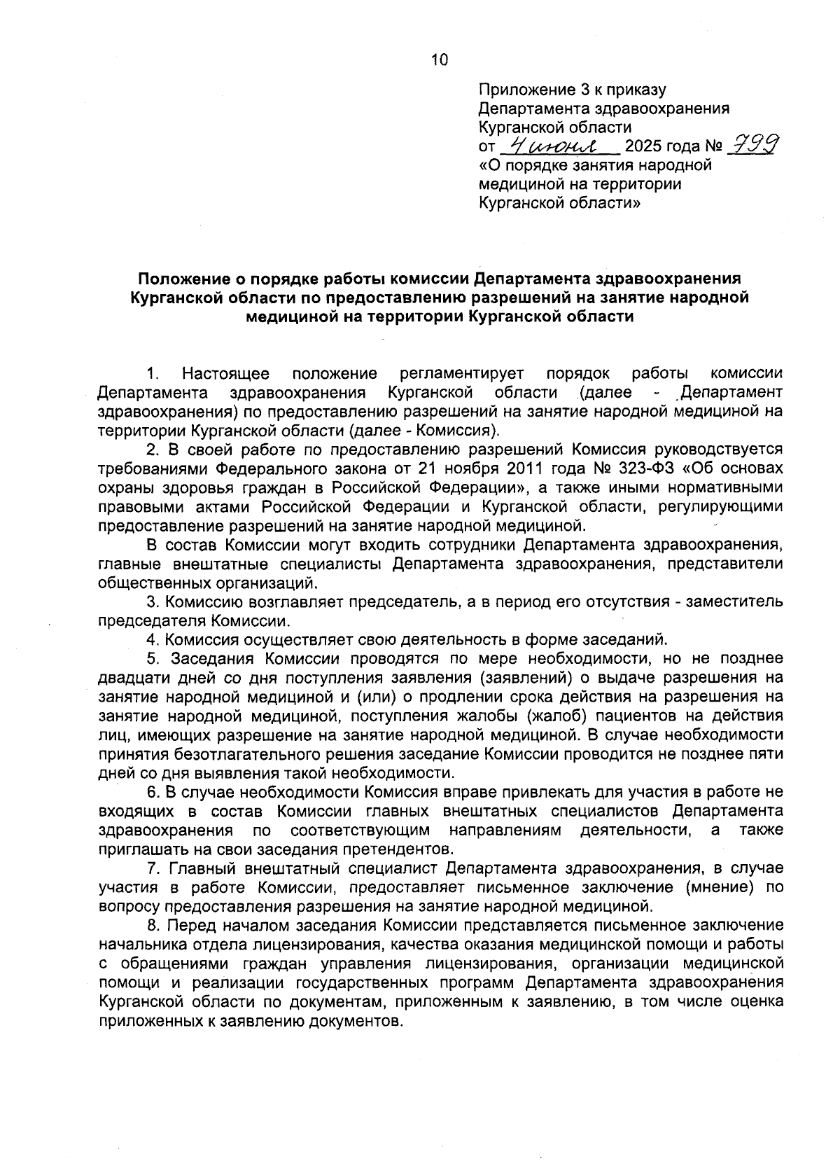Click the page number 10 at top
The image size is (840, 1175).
439,60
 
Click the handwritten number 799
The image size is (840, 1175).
754,146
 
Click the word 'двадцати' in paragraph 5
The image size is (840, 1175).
132,678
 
